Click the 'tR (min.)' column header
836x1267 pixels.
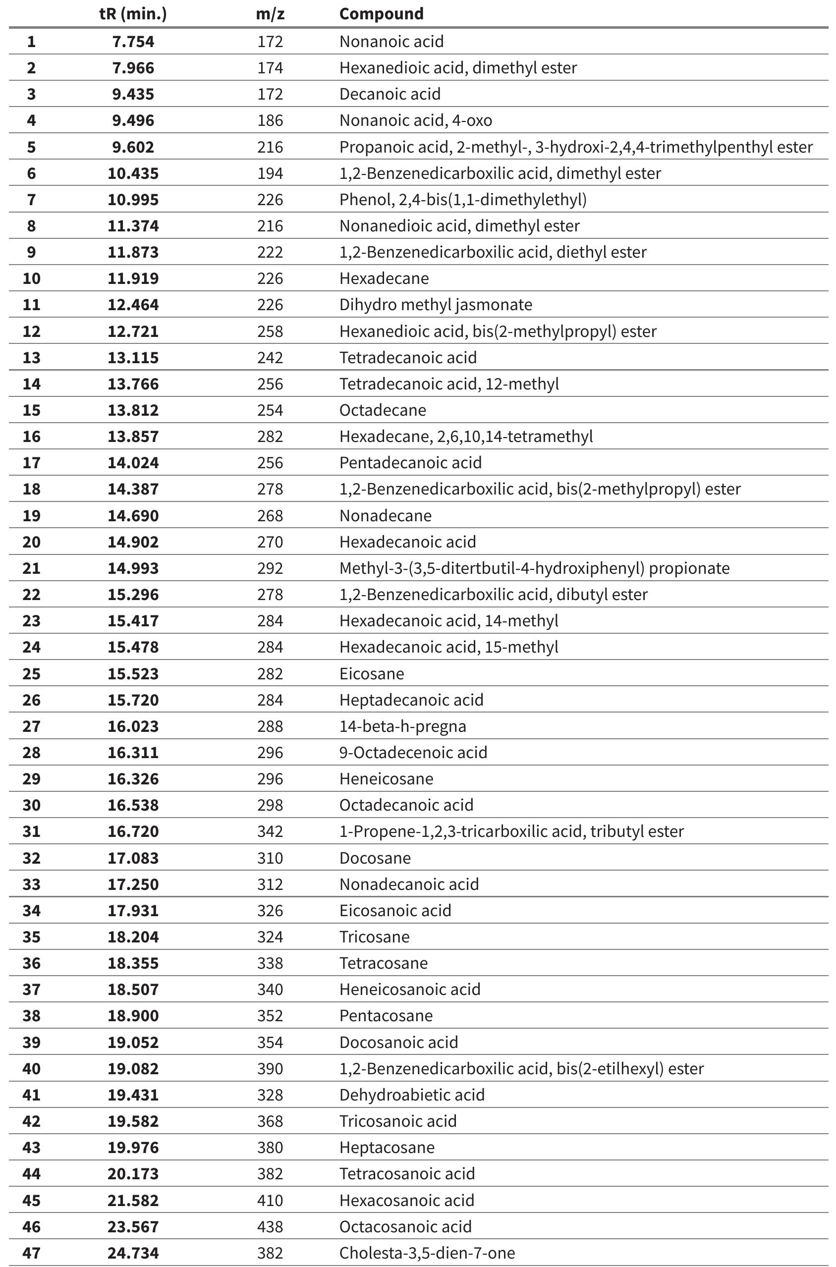133,14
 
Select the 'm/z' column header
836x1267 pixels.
270,14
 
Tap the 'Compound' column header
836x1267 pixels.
381,14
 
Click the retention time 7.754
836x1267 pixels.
133,42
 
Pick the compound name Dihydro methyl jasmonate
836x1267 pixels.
436,305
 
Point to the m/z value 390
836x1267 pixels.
270,1069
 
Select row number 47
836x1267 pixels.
31,1253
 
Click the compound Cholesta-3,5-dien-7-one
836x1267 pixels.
427,1253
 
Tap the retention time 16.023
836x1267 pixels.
133,726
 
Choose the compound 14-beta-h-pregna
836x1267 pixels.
402,726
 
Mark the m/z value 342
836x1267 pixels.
270,831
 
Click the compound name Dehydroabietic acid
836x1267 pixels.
412,1095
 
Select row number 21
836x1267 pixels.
31,568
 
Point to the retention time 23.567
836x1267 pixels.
133,1226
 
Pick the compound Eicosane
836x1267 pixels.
372,674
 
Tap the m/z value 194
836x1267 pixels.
270,173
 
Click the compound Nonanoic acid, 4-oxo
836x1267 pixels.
415,120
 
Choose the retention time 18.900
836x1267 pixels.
133,1016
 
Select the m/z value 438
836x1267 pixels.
270,1226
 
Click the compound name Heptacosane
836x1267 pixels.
387,1148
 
